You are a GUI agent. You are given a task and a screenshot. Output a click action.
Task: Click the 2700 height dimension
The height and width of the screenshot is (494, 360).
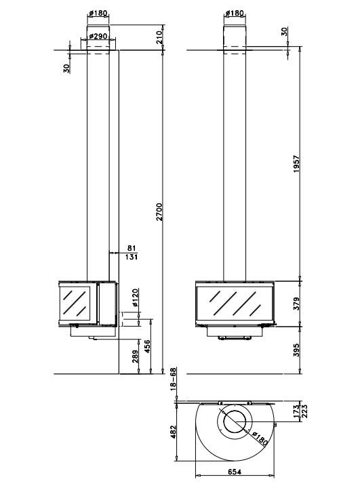(x=159, y=211)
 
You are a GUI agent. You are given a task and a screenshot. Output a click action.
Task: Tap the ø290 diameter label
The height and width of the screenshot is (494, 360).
(x=98, y=36)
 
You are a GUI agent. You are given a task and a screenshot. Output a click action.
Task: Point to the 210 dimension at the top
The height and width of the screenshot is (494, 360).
(x=159, y=37)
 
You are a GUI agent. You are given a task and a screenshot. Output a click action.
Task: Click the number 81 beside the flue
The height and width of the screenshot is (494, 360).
(x=132, y=249)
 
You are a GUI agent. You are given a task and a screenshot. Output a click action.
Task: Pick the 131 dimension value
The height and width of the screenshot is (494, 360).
(x=131, y=257)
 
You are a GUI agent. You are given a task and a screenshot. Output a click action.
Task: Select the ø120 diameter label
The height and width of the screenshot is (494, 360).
(x=135, y=297)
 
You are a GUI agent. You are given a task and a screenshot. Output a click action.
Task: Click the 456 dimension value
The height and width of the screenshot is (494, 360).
(x=147, y=347)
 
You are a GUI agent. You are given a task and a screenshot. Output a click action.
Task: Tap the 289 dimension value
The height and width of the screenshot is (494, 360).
(x=135, y=356)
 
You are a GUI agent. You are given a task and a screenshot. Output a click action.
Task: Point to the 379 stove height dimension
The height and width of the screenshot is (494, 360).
(x=296, y=304)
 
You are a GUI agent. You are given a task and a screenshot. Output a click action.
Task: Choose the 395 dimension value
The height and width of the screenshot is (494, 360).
(x=296, y=350)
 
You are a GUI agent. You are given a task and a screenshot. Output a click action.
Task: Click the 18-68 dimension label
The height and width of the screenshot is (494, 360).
(x=173, y=379)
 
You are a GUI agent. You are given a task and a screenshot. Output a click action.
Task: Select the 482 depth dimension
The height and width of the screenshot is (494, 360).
(x=172, y=432)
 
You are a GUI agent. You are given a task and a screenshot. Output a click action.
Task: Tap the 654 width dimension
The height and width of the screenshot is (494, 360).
(x=235, y=472)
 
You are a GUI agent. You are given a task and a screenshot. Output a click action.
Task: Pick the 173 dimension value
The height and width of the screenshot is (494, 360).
(x=296, y=411)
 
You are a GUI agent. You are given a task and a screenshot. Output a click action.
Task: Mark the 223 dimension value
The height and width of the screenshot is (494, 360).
(x=304, y=411)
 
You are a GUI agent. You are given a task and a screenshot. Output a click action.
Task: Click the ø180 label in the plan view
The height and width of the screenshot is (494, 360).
(x=260, y=439)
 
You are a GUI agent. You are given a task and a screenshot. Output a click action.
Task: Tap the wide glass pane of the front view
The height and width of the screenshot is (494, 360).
(x=234, y=304)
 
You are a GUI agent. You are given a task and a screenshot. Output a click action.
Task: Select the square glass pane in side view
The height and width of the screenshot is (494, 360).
(x=76, y=304)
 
